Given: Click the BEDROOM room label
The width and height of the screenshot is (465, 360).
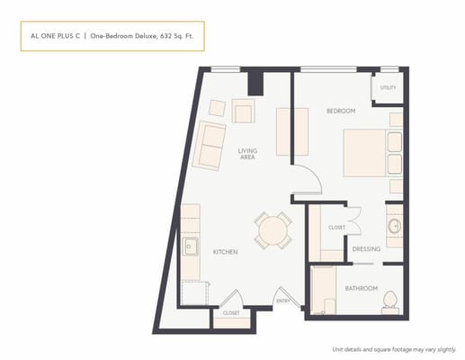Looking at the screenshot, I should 341,111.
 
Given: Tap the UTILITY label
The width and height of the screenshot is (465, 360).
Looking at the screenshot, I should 388,87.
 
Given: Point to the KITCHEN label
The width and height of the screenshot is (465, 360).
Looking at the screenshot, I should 225,252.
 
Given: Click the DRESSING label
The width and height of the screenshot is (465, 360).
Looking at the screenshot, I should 365,249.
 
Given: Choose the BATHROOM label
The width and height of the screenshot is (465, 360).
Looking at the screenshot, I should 360,287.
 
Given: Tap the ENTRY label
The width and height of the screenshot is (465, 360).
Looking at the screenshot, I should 282,301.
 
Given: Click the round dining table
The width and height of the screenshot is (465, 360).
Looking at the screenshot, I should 271,231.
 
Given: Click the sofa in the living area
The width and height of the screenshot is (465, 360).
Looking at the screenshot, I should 210,146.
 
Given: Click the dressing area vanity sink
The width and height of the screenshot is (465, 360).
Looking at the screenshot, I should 394,225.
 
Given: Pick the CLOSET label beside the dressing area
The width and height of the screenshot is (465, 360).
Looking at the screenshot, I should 336,228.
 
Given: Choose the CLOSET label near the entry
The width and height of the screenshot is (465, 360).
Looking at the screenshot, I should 231,312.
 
